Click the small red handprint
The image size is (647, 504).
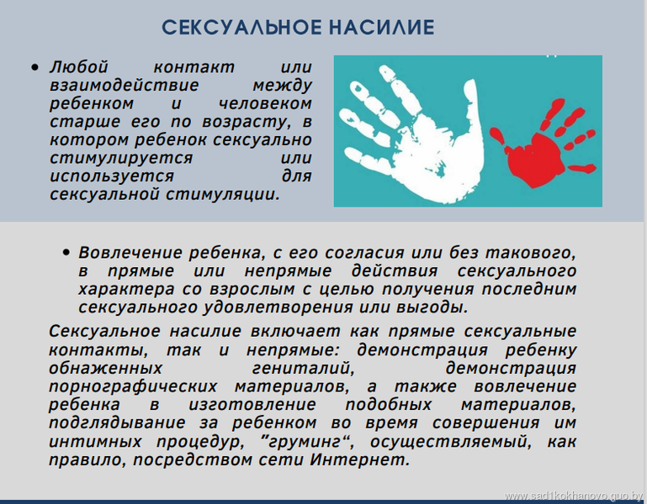[x=544, y=144]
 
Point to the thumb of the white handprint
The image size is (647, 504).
[x=474, y=111]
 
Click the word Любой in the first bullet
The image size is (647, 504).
[x=79, y=66]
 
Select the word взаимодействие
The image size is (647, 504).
[x=125, y=86]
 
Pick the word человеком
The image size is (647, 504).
[x=265, y=103]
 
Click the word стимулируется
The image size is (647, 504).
[x=121, y=158]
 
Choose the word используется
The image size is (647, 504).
[x=112, y=176]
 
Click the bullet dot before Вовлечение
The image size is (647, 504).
[x=66, y=252]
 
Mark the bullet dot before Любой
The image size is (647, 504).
[x=35, y=67]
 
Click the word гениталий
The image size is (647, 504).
[x=303, y=368]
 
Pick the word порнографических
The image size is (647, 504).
[x=133, y=386]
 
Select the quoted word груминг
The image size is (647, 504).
[x=305, y=442]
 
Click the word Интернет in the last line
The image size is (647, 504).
[x=360, y=459]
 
